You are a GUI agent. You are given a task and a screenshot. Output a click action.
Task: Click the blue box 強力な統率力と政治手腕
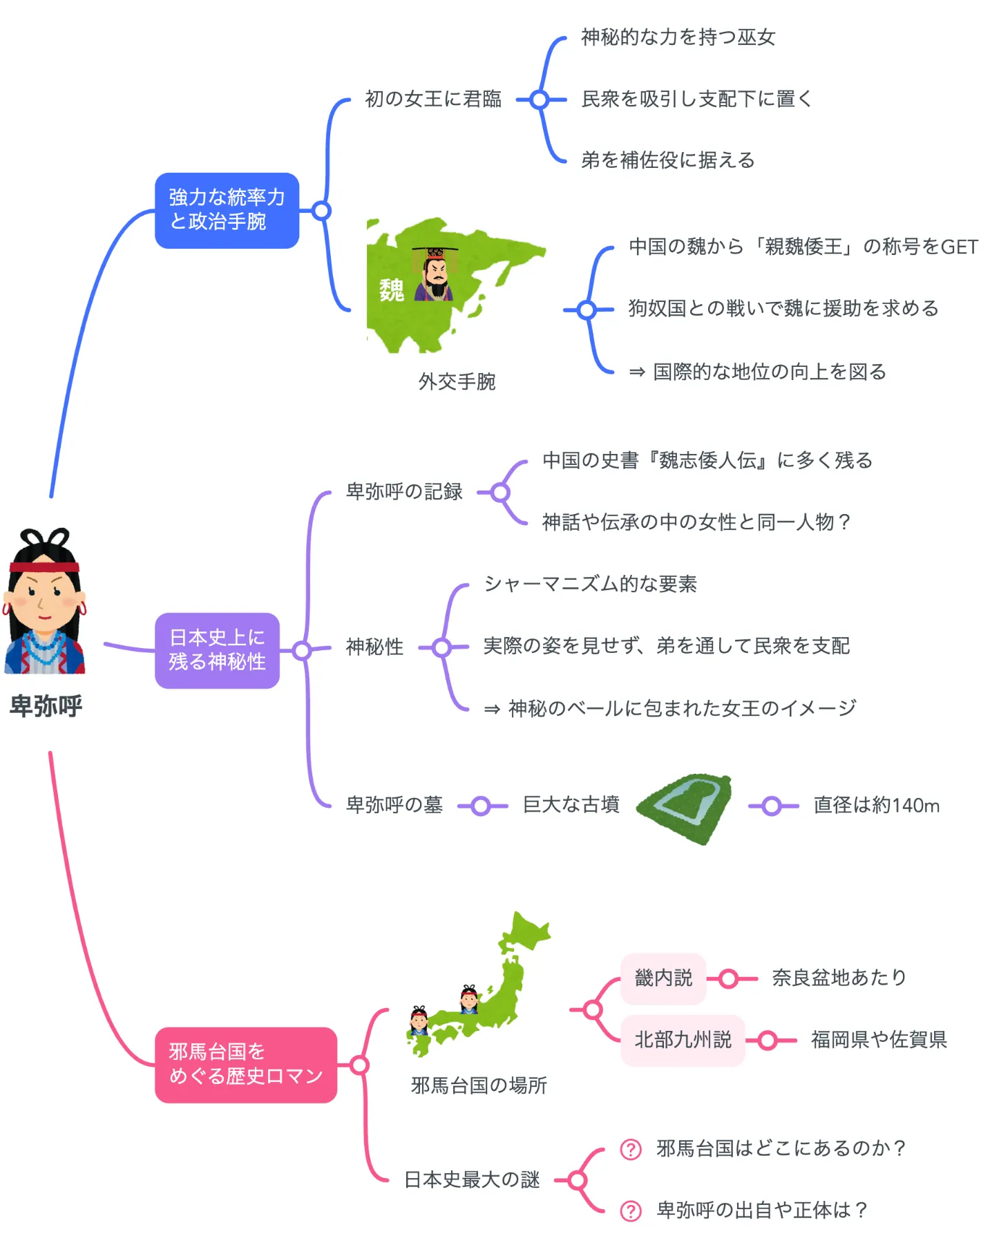227,210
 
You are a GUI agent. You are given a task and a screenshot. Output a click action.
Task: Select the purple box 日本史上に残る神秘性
217,649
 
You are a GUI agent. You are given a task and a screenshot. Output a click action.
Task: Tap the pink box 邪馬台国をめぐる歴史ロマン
245,1064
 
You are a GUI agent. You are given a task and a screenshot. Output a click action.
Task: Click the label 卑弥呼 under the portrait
46,706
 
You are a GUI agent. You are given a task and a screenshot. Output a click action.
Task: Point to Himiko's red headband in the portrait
44,567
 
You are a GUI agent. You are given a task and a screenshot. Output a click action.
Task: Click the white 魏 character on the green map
391,290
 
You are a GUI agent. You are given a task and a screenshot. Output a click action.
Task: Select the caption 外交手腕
457,381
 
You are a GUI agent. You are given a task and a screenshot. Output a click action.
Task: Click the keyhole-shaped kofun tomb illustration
684,806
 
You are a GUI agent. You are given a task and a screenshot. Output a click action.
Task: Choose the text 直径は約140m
876,806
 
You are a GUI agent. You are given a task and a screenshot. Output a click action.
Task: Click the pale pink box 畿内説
663,978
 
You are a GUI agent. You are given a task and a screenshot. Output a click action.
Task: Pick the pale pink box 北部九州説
683,1040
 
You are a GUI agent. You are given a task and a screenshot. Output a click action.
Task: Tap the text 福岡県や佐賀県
878,1040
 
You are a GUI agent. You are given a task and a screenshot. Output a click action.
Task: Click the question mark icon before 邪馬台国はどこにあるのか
631,1149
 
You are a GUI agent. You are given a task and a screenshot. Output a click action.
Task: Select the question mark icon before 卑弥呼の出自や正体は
631,1211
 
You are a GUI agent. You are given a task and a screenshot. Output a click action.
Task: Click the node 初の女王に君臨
433,99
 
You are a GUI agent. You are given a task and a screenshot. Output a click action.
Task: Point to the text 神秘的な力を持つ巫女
678,37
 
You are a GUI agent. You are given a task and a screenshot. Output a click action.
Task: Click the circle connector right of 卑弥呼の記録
501,493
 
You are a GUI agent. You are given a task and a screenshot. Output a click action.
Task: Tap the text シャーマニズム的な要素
590,585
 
